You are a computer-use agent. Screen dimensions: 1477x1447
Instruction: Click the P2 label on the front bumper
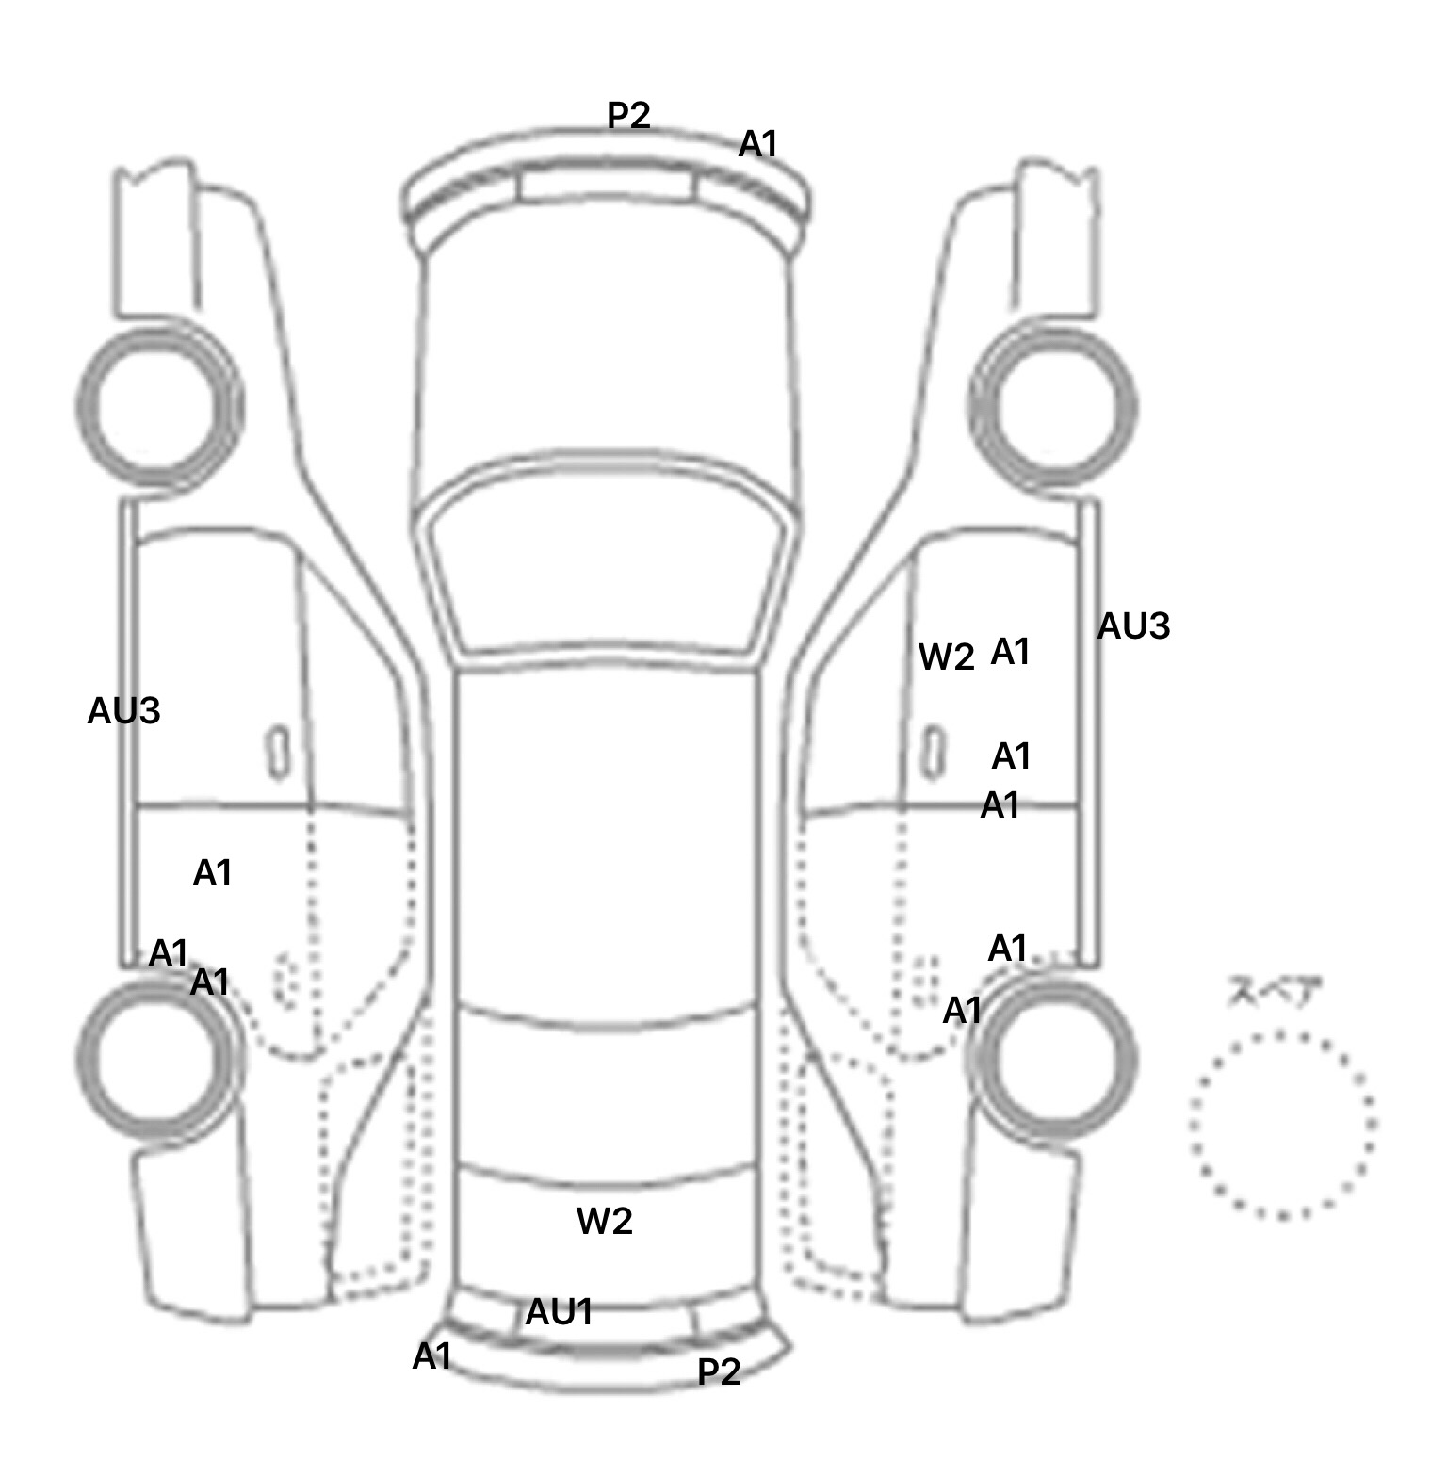click(628, 116)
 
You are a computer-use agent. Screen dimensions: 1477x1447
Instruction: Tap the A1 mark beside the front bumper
click(758, 144)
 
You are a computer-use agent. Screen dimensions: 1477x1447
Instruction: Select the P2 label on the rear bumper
click(719, 1371)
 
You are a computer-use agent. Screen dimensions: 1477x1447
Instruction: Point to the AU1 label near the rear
click(559, 1311)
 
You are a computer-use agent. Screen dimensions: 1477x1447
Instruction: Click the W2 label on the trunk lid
click(604, 1221)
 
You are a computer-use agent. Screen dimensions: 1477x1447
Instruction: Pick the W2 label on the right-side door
click(946, 657)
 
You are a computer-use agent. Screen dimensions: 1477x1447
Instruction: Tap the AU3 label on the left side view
click(123, 711)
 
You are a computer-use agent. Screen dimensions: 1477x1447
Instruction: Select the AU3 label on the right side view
click(1133, 625)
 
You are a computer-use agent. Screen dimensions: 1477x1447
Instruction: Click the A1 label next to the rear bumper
click(432, 1356)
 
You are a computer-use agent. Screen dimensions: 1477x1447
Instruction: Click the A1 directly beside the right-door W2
click(1011, 651)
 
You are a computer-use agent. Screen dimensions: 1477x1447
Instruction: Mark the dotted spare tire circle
click(1282, 1125)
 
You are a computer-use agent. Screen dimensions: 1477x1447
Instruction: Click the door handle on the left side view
click(278, 752)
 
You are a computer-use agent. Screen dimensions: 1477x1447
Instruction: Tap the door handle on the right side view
click(932, 752)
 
